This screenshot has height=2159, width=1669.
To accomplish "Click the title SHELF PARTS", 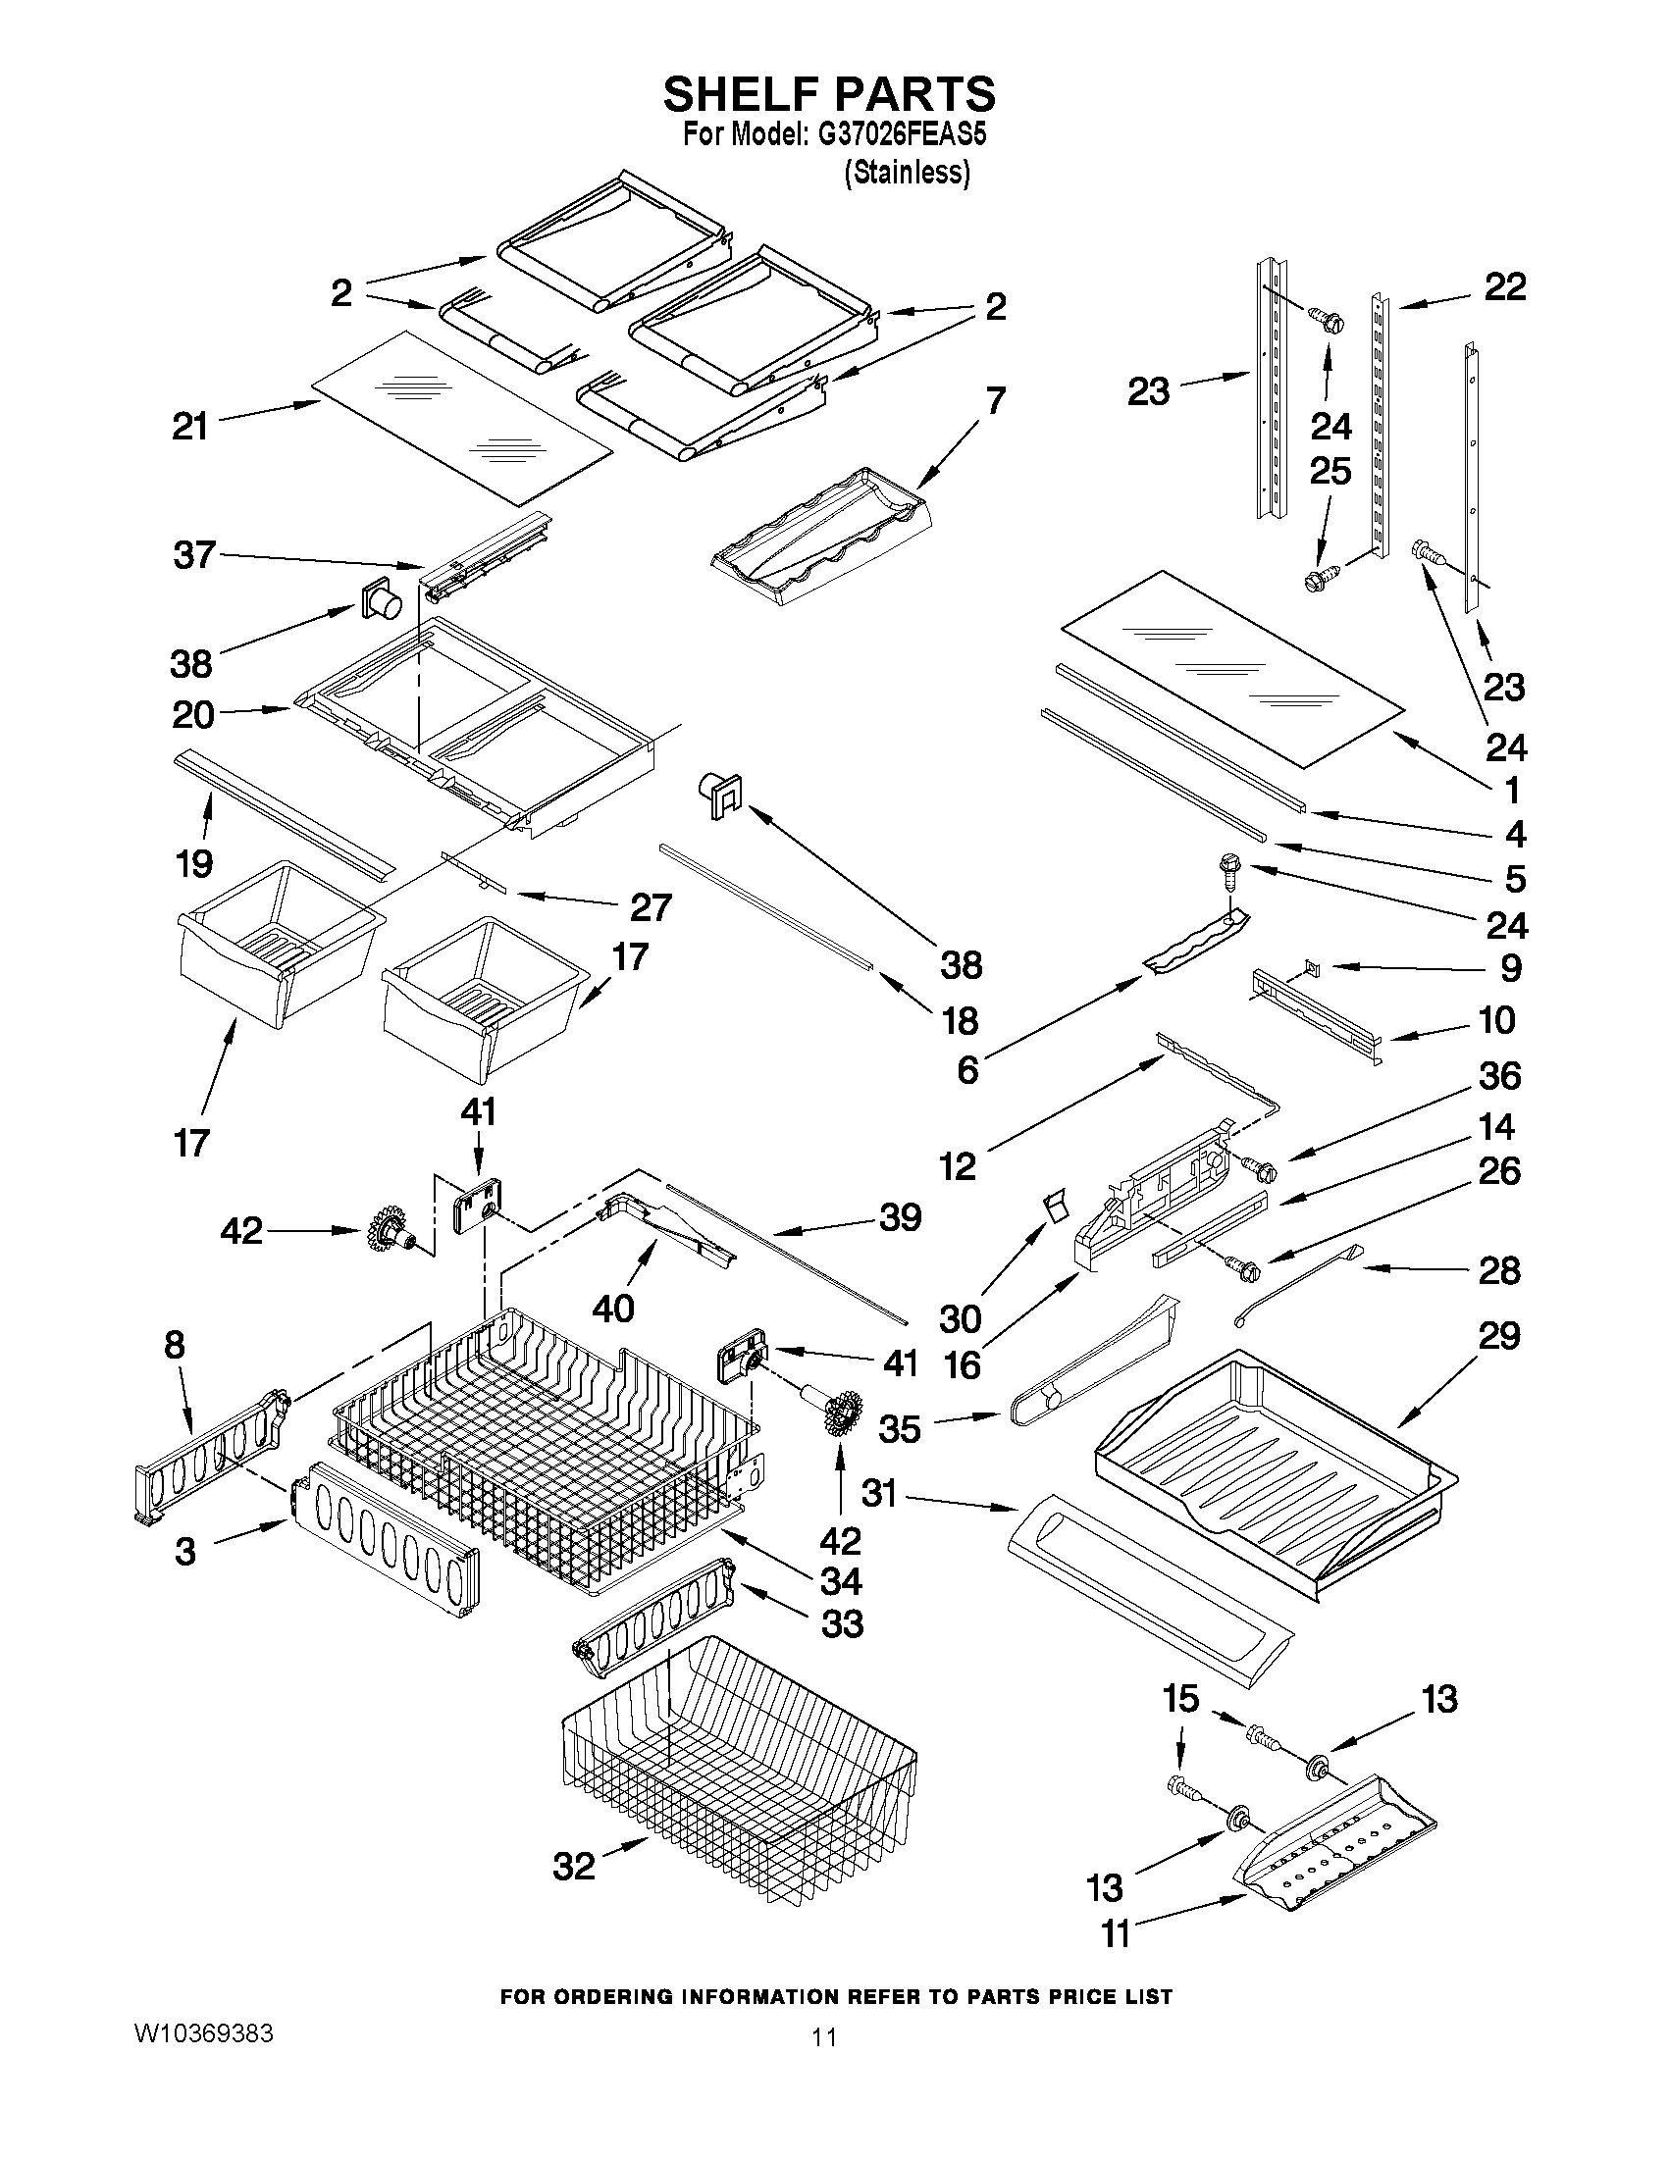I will tap(828, 94).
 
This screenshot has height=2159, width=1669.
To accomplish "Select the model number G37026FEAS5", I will tap(901, 135).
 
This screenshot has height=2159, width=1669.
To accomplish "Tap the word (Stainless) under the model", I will tap(907, 173).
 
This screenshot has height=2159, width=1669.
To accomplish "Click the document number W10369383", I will tap(203, 2033).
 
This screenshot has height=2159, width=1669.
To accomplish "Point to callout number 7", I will tap(995, 400).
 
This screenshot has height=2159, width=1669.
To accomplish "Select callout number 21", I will tap(189, 427).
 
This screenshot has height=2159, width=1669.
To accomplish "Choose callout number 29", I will tap(1498, 1336).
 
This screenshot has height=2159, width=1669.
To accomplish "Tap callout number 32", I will tap(574, 1867).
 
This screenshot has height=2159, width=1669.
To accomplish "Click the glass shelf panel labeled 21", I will tap(460, 415).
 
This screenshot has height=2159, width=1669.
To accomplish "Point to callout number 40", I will tap(612, 1309).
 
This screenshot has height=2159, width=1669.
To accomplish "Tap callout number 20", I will tap(193, 715).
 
